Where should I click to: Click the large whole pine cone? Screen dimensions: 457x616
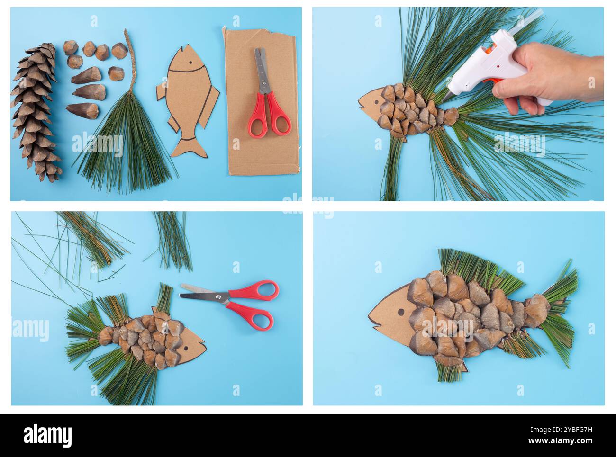(x=36, y=114)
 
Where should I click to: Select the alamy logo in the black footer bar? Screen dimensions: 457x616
(x=47, y=435)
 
